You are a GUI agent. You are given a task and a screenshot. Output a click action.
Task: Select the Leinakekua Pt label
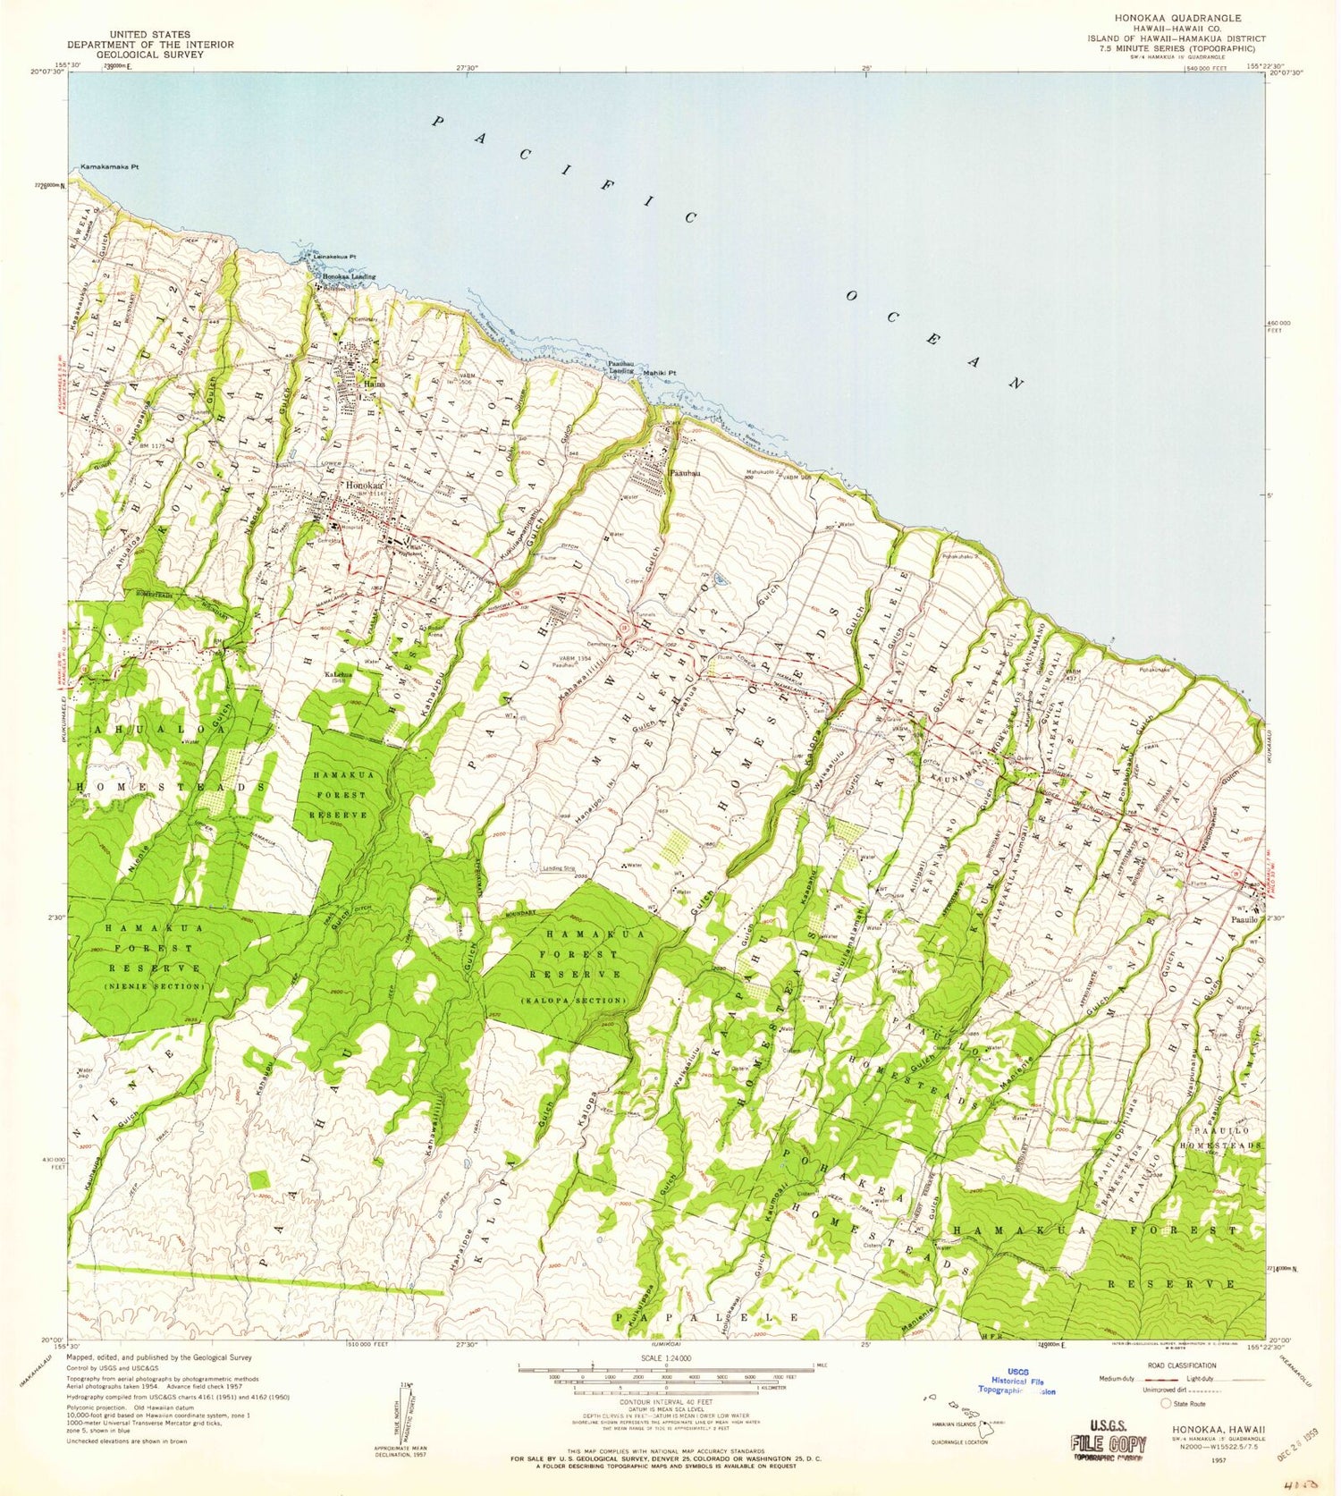point(334,257)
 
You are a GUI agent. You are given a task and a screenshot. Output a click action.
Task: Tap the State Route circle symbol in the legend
point(1166,1403)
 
